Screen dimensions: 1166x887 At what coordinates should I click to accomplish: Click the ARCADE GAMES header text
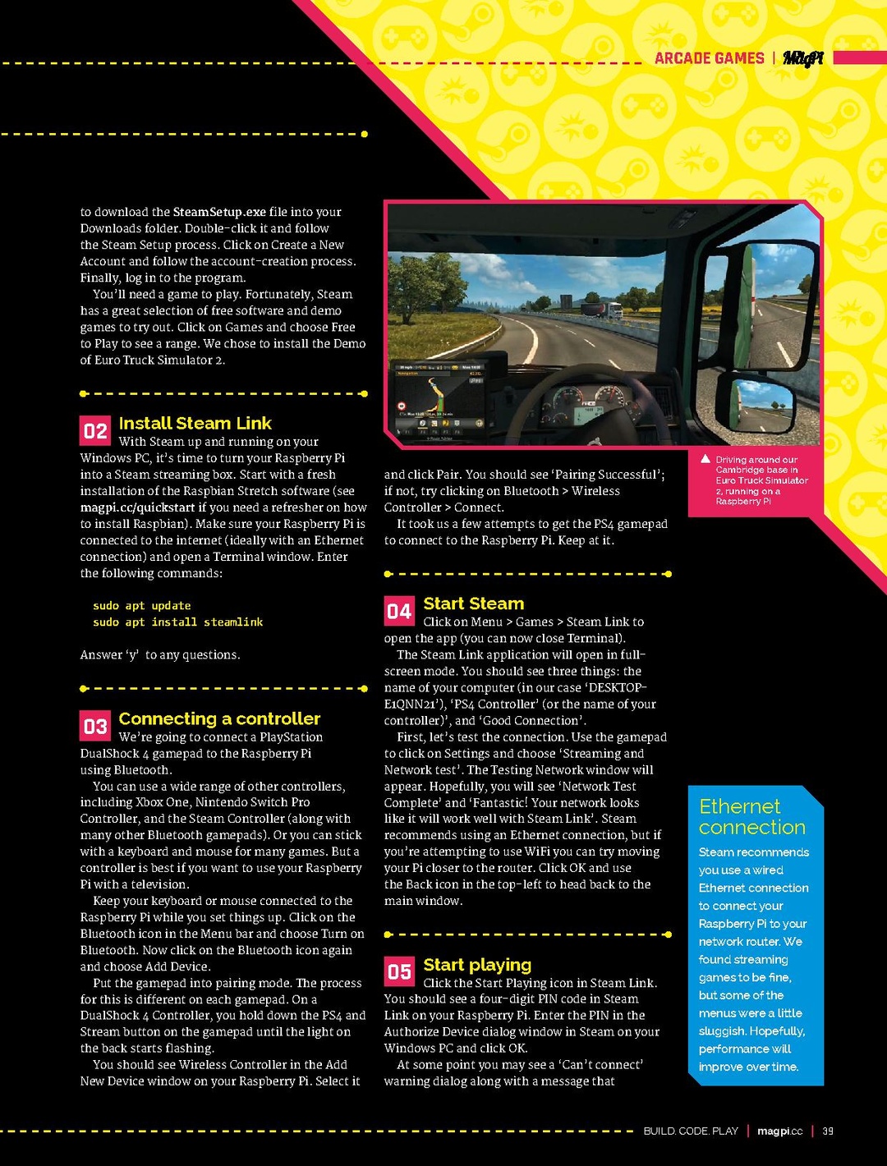point(709,58)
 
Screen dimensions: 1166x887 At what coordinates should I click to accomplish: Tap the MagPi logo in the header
point(802,58)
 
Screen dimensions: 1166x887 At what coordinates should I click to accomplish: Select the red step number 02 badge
point(95,430)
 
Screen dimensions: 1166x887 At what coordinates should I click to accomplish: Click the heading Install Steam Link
point(195,424)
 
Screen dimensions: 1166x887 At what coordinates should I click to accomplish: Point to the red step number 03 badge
point(95,726)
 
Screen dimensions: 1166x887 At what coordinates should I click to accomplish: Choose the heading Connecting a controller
point(219,718)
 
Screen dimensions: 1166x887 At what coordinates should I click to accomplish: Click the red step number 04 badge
point(399,611)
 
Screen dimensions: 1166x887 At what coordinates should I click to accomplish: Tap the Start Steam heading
point(473,604)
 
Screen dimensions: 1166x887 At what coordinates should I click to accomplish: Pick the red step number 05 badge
point(399,972)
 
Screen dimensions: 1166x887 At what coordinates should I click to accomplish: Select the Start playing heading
point(477,965)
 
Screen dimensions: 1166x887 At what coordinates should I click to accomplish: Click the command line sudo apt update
point(141,606)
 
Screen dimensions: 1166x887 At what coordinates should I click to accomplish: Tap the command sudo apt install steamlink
point(177,622)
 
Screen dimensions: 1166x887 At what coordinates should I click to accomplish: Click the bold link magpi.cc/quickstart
point(137,507)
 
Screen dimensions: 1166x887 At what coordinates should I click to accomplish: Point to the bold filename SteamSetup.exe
point(219,212)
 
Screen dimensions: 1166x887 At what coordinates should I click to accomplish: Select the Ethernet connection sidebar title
point(751,817)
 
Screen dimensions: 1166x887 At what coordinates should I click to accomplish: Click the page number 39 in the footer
point(828,1131)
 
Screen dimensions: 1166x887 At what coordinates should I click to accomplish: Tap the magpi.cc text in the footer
point(779,1131)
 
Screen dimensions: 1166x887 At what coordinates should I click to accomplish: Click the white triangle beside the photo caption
point(705,459)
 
